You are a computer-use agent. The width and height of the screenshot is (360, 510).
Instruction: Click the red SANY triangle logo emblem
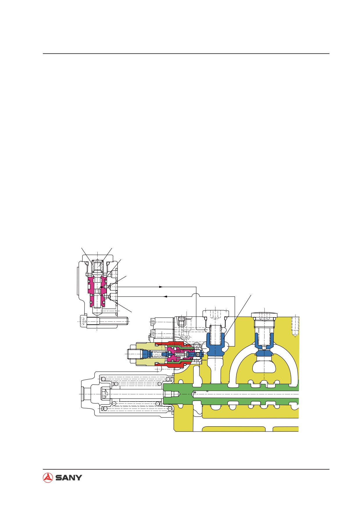point(48,477)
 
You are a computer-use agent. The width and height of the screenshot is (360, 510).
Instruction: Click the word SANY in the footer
point(69,478)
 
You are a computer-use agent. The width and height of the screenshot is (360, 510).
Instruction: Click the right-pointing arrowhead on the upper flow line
point(161,287)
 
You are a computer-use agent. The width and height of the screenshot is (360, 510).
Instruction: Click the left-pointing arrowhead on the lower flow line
point(165,297)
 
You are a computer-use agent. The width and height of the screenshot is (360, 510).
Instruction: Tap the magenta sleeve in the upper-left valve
point(97,292)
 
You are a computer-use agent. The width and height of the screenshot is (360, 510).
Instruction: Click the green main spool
point(231,394)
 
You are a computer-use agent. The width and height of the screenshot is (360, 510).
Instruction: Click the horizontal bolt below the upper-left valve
point(107,321)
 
